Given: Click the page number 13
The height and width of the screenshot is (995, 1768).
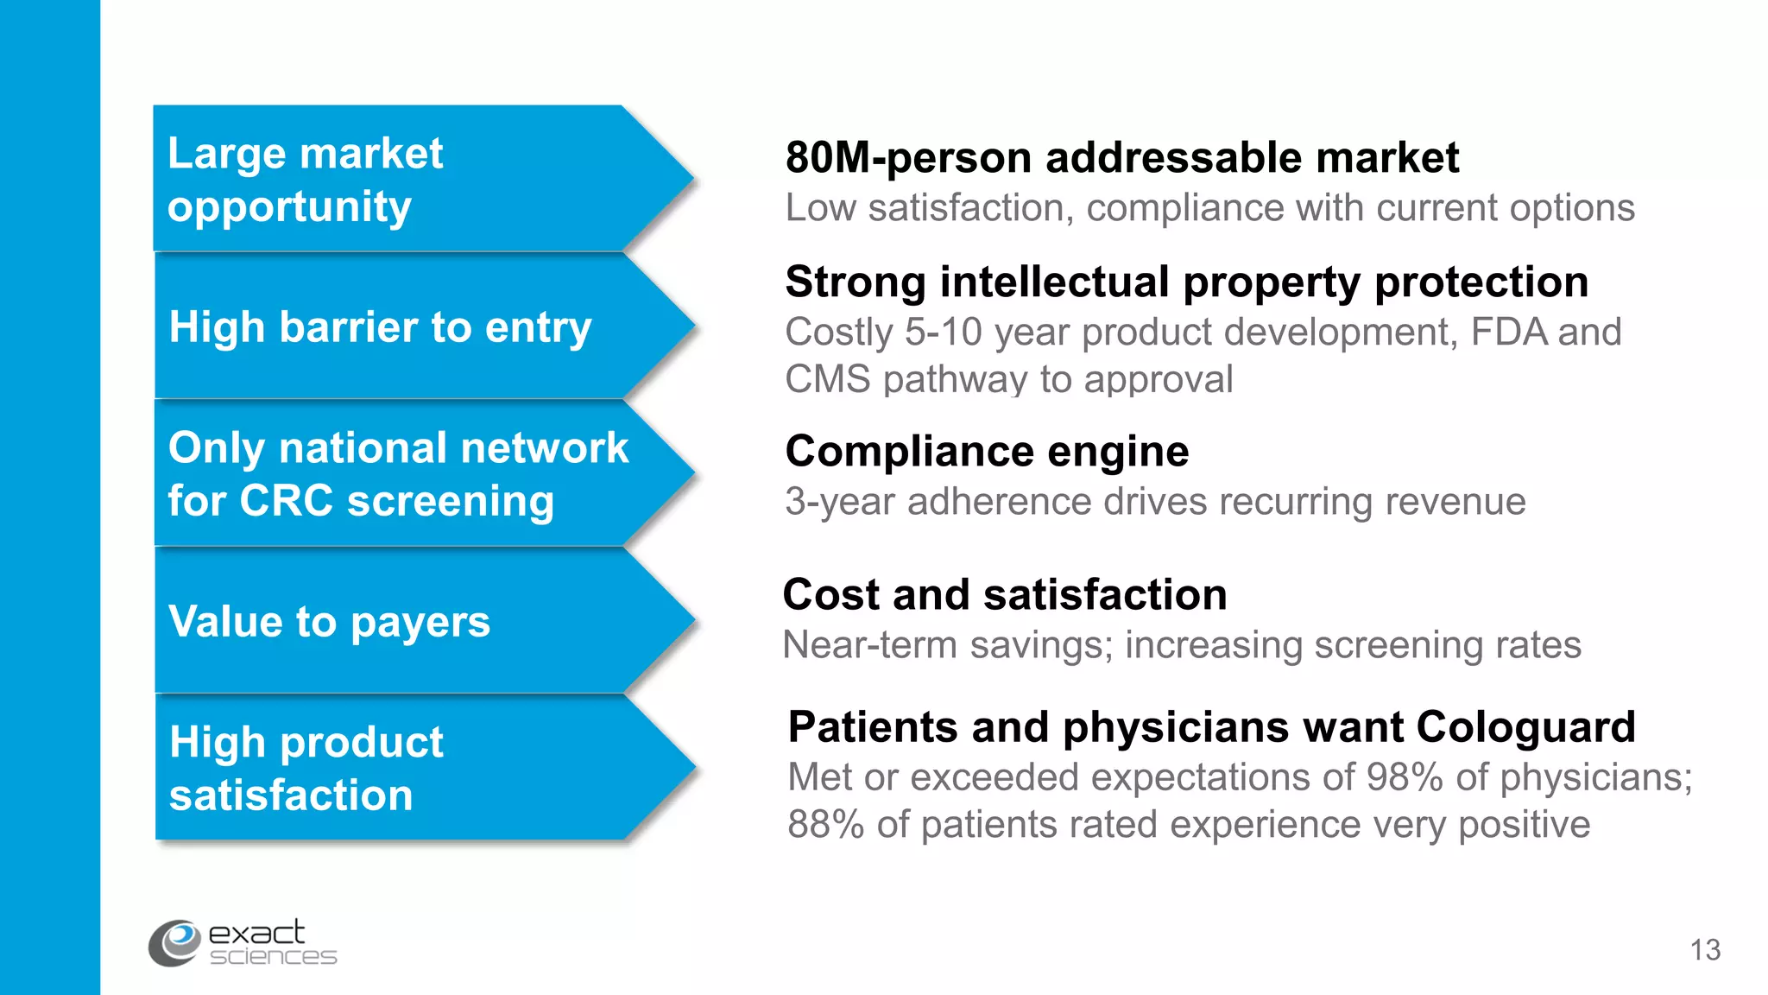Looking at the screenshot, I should [x=1705, y=950].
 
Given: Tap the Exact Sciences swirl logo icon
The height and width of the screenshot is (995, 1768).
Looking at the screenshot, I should [x=176, y=942].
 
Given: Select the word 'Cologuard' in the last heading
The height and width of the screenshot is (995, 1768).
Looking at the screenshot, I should [x=1525, y=727].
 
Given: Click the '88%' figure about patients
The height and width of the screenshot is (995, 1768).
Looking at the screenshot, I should [x=825, y=825].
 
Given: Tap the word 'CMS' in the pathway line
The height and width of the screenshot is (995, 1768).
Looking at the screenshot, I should [x=827, y=380].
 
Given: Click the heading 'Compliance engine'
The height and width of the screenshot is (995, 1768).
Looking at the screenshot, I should [x=987, y=452].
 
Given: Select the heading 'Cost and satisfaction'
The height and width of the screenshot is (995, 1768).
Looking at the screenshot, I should [x=1005, y=595].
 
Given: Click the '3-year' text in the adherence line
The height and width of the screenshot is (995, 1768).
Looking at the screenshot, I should [x=839, y=503].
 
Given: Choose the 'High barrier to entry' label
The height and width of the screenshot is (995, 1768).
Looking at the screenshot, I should [x=380, y=327].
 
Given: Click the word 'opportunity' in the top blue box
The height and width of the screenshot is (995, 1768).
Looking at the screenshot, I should [x=289, y=207].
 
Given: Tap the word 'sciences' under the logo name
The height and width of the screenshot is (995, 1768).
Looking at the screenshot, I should [x=273, y=957].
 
